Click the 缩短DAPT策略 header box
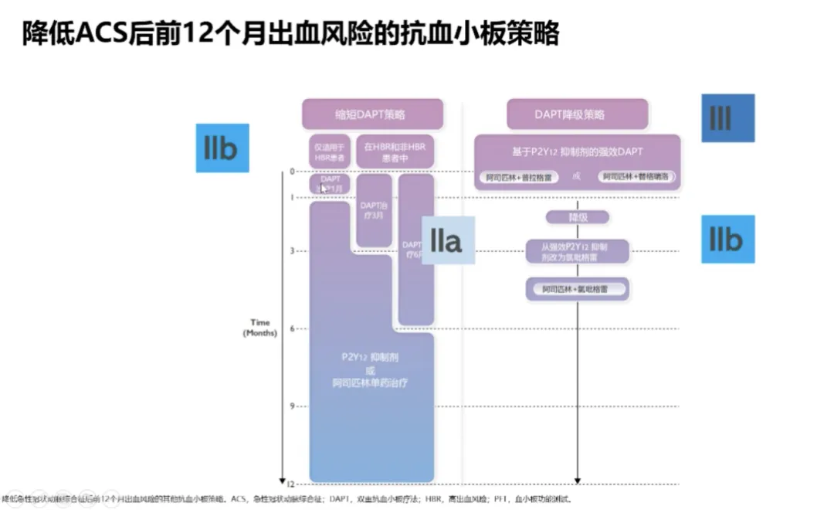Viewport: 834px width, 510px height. click(372, 114)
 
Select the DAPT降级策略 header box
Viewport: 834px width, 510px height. click(576, 114)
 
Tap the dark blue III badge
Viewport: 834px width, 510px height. click(727, 118)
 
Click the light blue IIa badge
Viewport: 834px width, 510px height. click(446, 240)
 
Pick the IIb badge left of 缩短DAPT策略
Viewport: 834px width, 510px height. click(222, 148)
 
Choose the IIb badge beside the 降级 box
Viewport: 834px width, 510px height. click(727, 240)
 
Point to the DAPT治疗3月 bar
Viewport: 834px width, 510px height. click(374, 210)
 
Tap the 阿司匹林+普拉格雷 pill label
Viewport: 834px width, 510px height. click(519, 177)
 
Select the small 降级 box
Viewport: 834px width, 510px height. click(578, 218)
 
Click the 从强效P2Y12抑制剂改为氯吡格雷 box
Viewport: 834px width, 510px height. click(578, 251)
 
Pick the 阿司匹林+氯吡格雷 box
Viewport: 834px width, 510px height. click(578, 290)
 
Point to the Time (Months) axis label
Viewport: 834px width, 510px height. click(259, 328)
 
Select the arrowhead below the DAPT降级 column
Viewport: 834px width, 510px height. click(578, 479)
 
